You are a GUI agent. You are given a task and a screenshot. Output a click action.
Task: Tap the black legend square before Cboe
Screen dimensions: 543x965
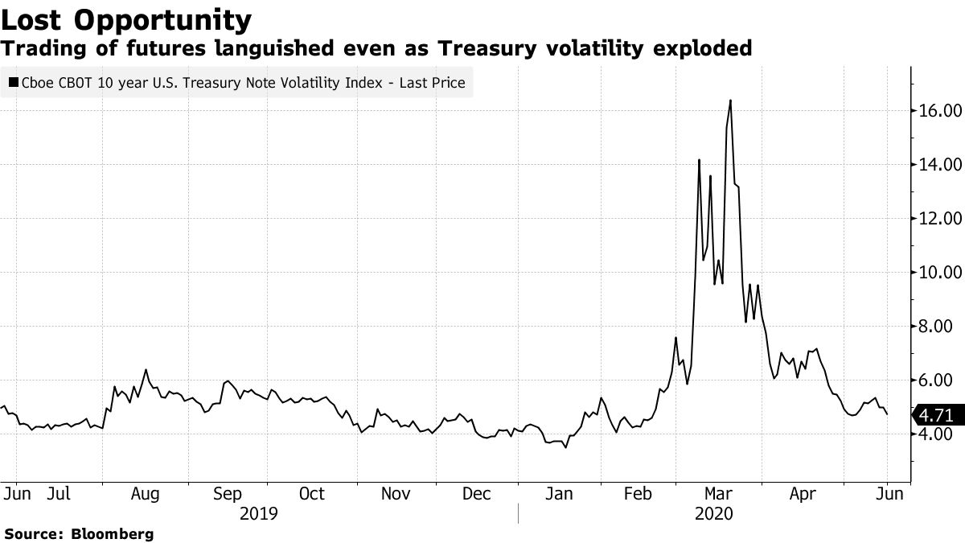click(13, 83)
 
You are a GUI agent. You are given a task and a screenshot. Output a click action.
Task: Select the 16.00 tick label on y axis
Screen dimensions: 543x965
click(940, 110)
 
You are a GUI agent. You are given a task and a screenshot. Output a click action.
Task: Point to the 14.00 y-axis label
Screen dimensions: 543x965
click(940, 164)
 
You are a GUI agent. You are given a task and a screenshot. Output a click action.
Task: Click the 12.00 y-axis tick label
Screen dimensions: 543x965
click(940, 218)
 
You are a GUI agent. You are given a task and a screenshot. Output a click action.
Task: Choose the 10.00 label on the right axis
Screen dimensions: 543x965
click(940, 272)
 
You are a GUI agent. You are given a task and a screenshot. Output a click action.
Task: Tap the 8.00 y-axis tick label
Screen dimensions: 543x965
click(944, 326)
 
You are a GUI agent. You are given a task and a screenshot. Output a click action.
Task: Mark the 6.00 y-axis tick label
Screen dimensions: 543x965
click(944, 380)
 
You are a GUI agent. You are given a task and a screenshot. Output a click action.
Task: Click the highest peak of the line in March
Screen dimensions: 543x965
click(729, 101)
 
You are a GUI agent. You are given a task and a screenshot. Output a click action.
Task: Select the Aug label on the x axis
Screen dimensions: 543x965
click(145, 493)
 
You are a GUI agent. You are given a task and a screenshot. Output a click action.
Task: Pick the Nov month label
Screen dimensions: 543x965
click(394, 493)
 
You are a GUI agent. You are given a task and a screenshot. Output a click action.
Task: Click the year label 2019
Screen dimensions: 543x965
click(258, 512)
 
